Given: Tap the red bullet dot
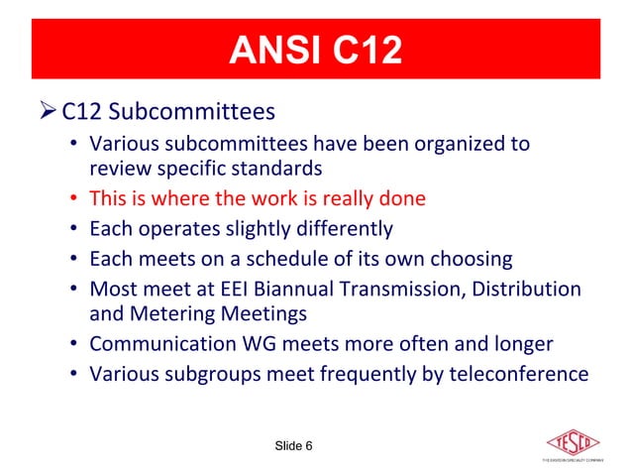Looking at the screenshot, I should (75, 198).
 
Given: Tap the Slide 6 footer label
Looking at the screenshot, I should (293, 445).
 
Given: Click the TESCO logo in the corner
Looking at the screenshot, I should (575, 442).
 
